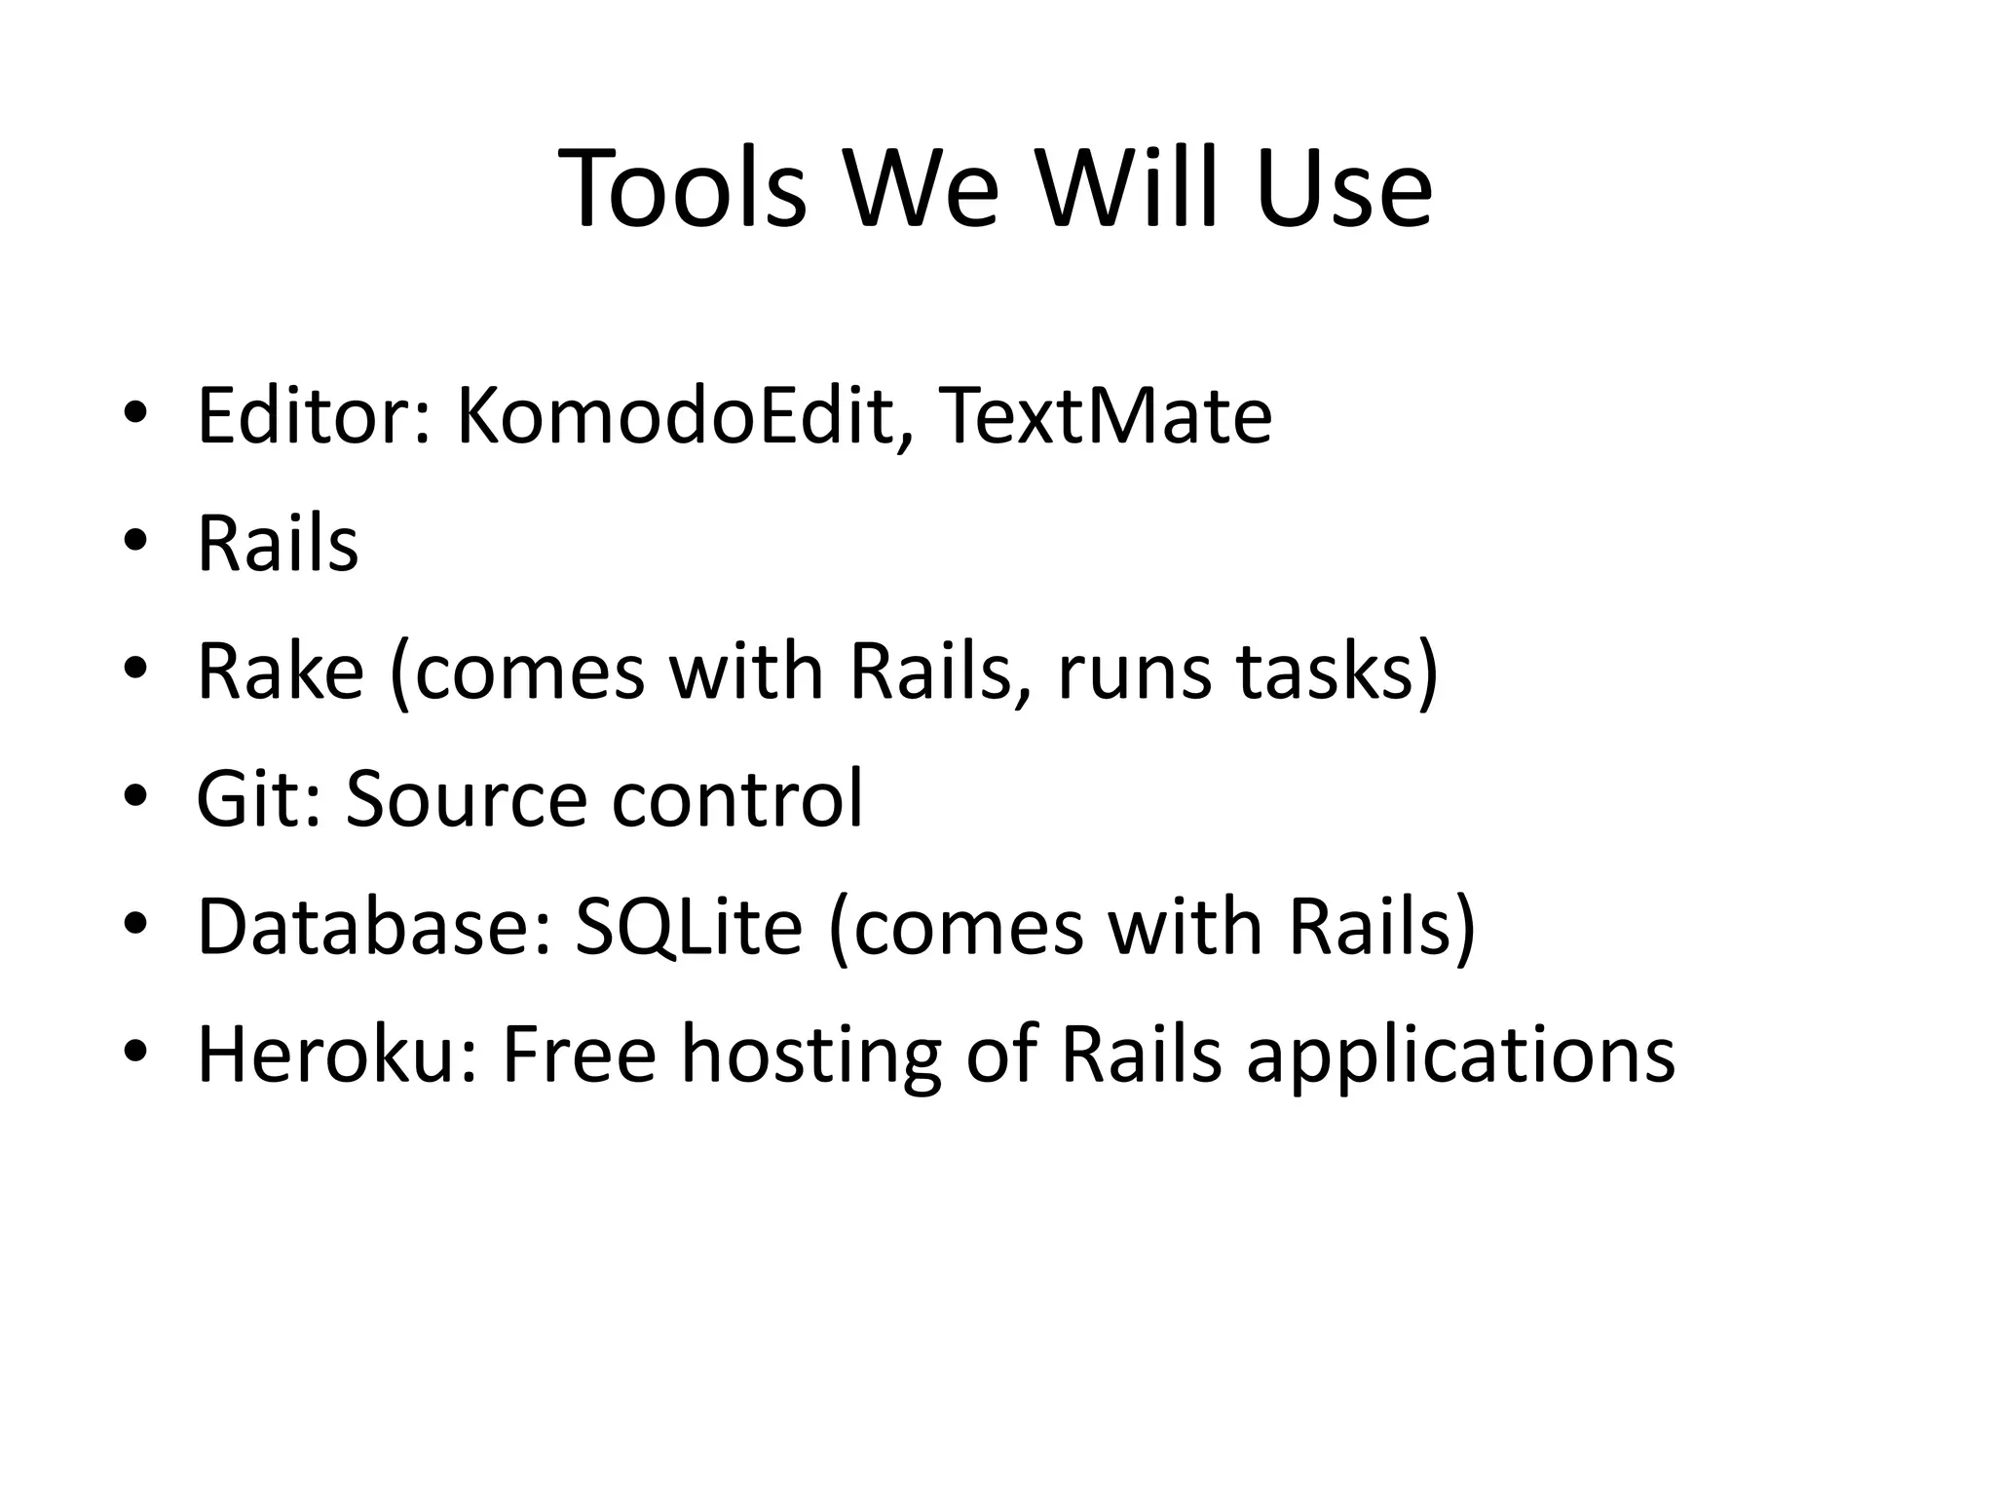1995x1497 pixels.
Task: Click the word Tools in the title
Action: click(x=683, y=187)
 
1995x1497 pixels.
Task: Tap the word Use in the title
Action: click(x=1343, y=187)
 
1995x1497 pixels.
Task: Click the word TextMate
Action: click(x=1105, y=416)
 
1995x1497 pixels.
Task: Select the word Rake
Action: click(x=280, y=672)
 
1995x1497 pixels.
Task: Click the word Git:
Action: click(x=258, y=799)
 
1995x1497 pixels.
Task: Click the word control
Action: click(x=737, y=799)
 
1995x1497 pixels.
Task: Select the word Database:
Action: click(x=373, y=926)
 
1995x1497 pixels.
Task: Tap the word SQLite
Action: click(x=688, y=926)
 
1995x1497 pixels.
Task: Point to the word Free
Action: click(x=579, y=1055)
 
